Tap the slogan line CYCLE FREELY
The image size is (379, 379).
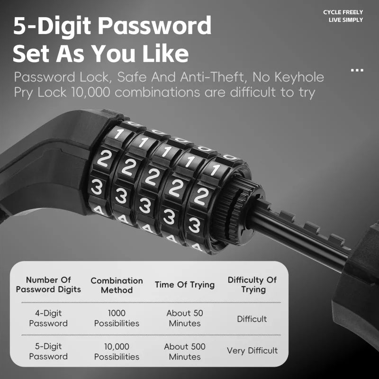343,12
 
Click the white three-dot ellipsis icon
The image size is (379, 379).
357,70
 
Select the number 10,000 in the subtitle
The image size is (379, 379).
90,92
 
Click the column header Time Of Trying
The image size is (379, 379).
185,285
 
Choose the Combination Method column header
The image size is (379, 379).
117,285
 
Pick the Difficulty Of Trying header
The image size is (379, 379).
252,285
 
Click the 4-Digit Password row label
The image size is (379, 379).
48,318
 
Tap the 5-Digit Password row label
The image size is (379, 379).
48,351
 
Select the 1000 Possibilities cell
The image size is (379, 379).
117,318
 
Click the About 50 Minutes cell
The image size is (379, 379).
185,318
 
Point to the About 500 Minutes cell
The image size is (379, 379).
185,352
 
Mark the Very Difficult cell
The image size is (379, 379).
252,351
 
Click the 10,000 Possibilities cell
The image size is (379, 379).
117,352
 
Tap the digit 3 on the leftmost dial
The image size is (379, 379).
97,187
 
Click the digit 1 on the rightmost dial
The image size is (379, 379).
215,170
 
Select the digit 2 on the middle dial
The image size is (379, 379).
152,177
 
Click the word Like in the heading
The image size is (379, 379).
165,53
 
